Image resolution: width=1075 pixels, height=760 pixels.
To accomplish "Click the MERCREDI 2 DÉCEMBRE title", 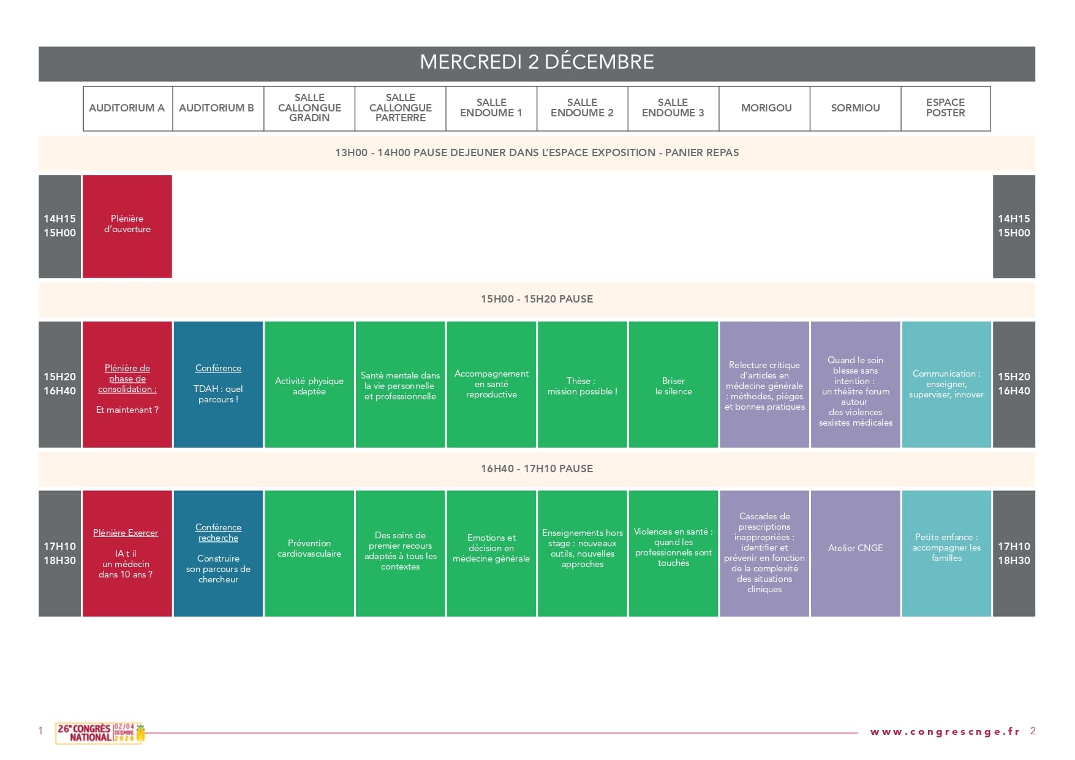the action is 537,62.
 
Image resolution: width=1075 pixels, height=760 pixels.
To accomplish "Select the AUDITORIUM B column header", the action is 216,108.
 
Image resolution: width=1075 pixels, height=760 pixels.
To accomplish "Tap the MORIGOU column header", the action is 766,108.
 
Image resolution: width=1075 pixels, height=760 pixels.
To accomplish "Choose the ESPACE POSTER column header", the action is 945,108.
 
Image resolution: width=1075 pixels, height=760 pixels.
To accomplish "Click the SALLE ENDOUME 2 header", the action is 582,108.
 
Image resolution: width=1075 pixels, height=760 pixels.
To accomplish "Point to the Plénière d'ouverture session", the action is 127,227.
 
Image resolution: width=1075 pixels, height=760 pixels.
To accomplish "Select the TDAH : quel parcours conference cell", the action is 218,385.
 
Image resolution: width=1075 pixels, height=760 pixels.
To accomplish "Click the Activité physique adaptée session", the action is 309,385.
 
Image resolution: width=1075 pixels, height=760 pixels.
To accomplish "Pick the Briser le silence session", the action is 673,385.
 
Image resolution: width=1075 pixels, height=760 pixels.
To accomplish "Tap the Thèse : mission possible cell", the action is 583,385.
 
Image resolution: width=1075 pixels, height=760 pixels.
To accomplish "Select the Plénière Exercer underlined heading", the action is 126,533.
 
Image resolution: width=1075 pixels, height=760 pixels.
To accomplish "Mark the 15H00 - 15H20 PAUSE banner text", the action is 537,299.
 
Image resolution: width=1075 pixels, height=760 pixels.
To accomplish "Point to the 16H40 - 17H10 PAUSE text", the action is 537,468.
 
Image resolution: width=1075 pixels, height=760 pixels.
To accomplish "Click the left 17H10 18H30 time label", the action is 59,553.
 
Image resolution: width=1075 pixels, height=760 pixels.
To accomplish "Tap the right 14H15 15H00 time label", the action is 1014,226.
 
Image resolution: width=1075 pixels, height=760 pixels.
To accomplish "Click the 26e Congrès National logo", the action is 100,733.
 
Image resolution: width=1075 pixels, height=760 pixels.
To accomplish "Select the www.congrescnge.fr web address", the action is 945,732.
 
